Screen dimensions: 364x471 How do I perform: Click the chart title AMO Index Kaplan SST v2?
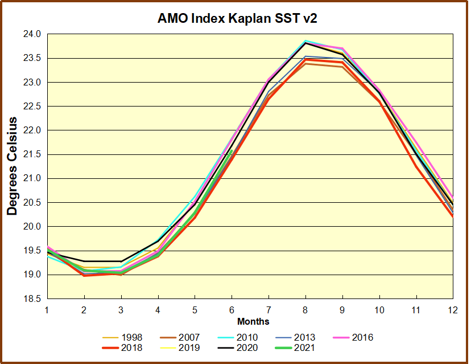(237, 19)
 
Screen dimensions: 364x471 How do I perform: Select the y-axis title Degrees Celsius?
(13, 166)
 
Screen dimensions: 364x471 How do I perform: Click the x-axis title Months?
(253, 322)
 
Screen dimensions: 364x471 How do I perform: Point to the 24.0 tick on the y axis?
(33, 34)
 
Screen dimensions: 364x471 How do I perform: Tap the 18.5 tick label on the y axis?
(33, 299)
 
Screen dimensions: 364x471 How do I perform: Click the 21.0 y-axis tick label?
(33, 179)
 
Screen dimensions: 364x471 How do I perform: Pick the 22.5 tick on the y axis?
(33, 107)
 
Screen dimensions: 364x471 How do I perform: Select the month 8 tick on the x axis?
(305, 310)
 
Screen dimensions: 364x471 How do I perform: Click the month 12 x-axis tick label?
(453, 310)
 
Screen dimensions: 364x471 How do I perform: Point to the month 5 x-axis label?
(195, 310)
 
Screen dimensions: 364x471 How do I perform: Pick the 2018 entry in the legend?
(132, 347)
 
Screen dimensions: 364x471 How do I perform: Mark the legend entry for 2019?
(189, 347)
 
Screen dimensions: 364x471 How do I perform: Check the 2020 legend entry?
(247, 347)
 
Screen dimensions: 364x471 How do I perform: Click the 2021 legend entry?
(305, 347)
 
